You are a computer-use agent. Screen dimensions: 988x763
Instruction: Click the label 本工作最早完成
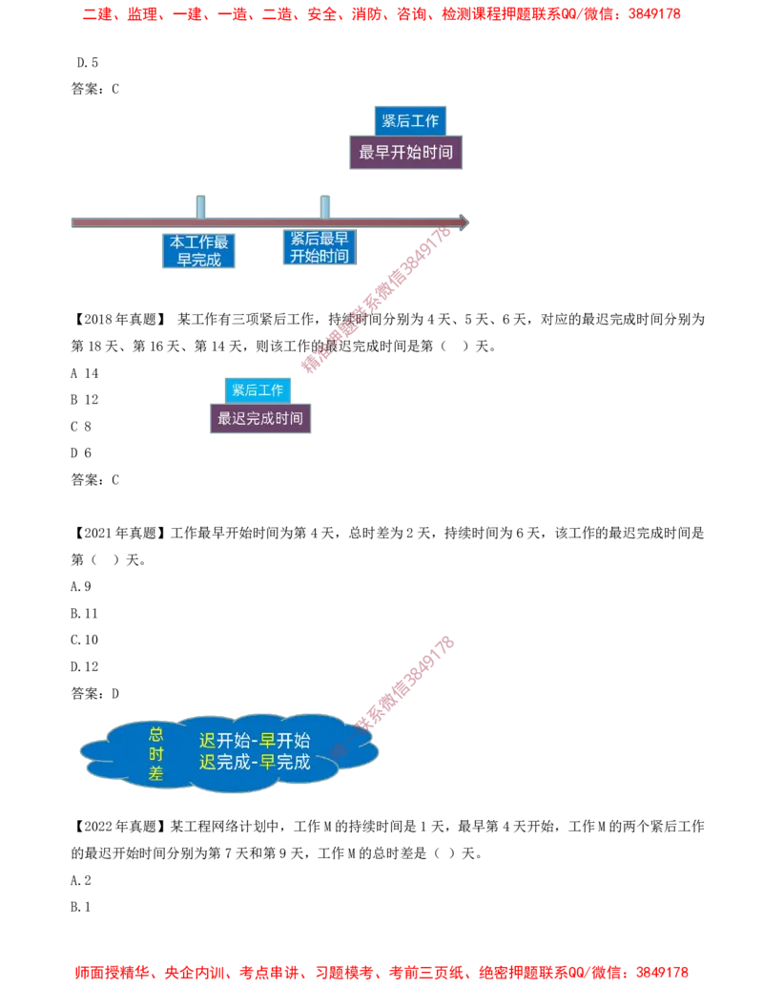point(198,251)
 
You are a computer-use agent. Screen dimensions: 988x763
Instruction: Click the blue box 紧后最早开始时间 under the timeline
point(320,247)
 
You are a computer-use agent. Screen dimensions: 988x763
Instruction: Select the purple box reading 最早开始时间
point(406,153)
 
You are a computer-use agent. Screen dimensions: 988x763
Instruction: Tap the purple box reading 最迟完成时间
point(259,418)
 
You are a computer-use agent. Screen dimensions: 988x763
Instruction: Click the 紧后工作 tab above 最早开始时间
point(410,120)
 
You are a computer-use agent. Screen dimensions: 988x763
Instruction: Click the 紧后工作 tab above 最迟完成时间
point(258,389)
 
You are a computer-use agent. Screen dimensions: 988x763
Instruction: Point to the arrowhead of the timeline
point(464,222)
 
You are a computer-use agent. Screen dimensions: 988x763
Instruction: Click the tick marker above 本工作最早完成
point(200,205)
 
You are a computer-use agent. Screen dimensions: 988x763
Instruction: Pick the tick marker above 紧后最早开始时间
point(325,205)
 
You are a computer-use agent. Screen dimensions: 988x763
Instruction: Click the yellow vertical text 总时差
point(156,754)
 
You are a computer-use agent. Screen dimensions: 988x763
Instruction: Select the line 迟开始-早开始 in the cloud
point(255,741)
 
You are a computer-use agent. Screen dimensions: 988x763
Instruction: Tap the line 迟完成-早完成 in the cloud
point(255,762)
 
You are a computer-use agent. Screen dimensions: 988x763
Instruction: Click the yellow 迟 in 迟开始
point(207,741)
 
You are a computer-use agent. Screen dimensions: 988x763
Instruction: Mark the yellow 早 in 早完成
point(268,762)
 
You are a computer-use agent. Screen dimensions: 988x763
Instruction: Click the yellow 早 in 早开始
point(268,741)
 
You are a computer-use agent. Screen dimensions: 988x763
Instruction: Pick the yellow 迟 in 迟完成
point(207,762)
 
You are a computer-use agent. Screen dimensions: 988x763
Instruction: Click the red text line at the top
point(381,14)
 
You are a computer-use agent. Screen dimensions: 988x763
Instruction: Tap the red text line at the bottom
point(381,973)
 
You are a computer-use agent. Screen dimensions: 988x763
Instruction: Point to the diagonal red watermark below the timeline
point(377,301)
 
